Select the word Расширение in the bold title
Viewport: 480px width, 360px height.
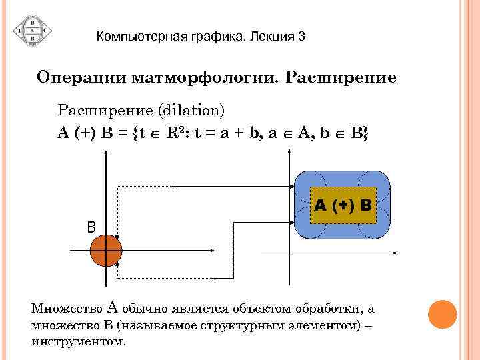pyautogui.click(x=341, y=77)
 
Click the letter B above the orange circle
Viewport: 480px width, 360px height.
pyautogui.click(x=91, y=227)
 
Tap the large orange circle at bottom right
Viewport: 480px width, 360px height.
pyautogui.click(x=441, y=315)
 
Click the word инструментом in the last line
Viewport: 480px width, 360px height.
pyautogui.click(x=78, y=341)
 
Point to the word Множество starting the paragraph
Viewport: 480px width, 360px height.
pyautogui.click(x=66, y=309)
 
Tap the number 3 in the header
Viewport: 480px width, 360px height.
pyautogui.click(x=301, y=36)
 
